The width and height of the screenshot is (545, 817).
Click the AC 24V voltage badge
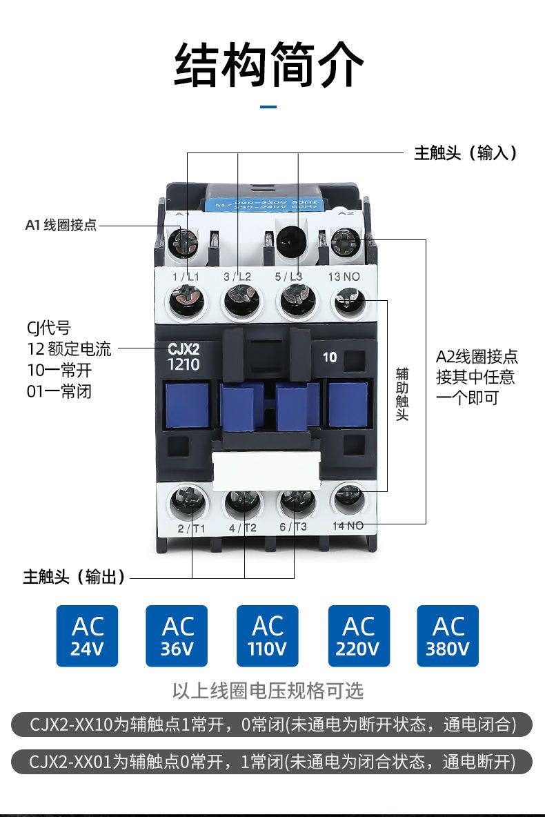pyautogui.click(x=87, y=636)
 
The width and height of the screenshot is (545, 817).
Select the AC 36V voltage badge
pyautogui.click(x=177, y=636)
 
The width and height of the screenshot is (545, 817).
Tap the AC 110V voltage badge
pyautogui.click(x=268, y=636)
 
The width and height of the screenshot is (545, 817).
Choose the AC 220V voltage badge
pyautogui.click(x=358, y=636)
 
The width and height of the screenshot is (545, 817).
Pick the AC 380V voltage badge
pyautogui.click(x=448, y=636)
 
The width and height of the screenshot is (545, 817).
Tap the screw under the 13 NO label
pyautogui.click(x=349, y=302)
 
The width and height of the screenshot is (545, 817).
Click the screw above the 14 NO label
pyautogui.click(x=349, y=498)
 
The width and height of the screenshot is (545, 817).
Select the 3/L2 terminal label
pyautogui.click(x=237, y=277)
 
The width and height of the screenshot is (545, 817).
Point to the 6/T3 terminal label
pyautogui.click(x=293, y=528)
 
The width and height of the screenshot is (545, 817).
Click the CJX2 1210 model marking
pyautogui.click(x=184, y=357)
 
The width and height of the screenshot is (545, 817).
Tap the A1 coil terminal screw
pyautogui.click(x=182, y=242)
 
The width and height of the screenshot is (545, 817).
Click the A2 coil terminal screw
pyautogui.click(x=344, y=242)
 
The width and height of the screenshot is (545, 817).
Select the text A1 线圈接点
pyautogui.click(x=61, y=226)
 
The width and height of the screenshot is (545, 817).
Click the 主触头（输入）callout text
pyautogui.click(x=465, y=152)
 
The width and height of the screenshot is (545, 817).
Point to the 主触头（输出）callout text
pyautogui.click(x=75, y=577)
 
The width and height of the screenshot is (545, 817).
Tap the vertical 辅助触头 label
pyautogui.click(x=402, y=395)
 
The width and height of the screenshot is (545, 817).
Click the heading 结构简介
pyautogui.click(x=269, y=65)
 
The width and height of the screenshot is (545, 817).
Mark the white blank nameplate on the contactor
pyautogui.click(x=266, y=466)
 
